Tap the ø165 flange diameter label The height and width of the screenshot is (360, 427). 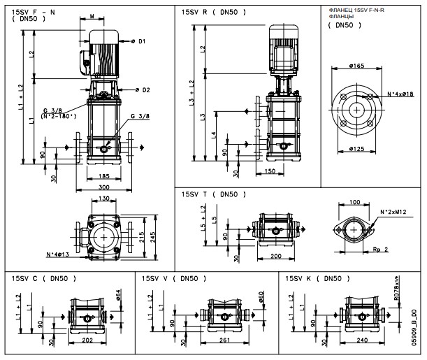click(x=358, y=65)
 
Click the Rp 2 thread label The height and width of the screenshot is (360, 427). click(x=379, y=248)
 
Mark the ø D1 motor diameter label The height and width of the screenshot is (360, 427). click(x=140, y=42)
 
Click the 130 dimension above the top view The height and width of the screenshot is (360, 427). click(x=103, y=199)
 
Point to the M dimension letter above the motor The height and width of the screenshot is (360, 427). click(x=94, y=15)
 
